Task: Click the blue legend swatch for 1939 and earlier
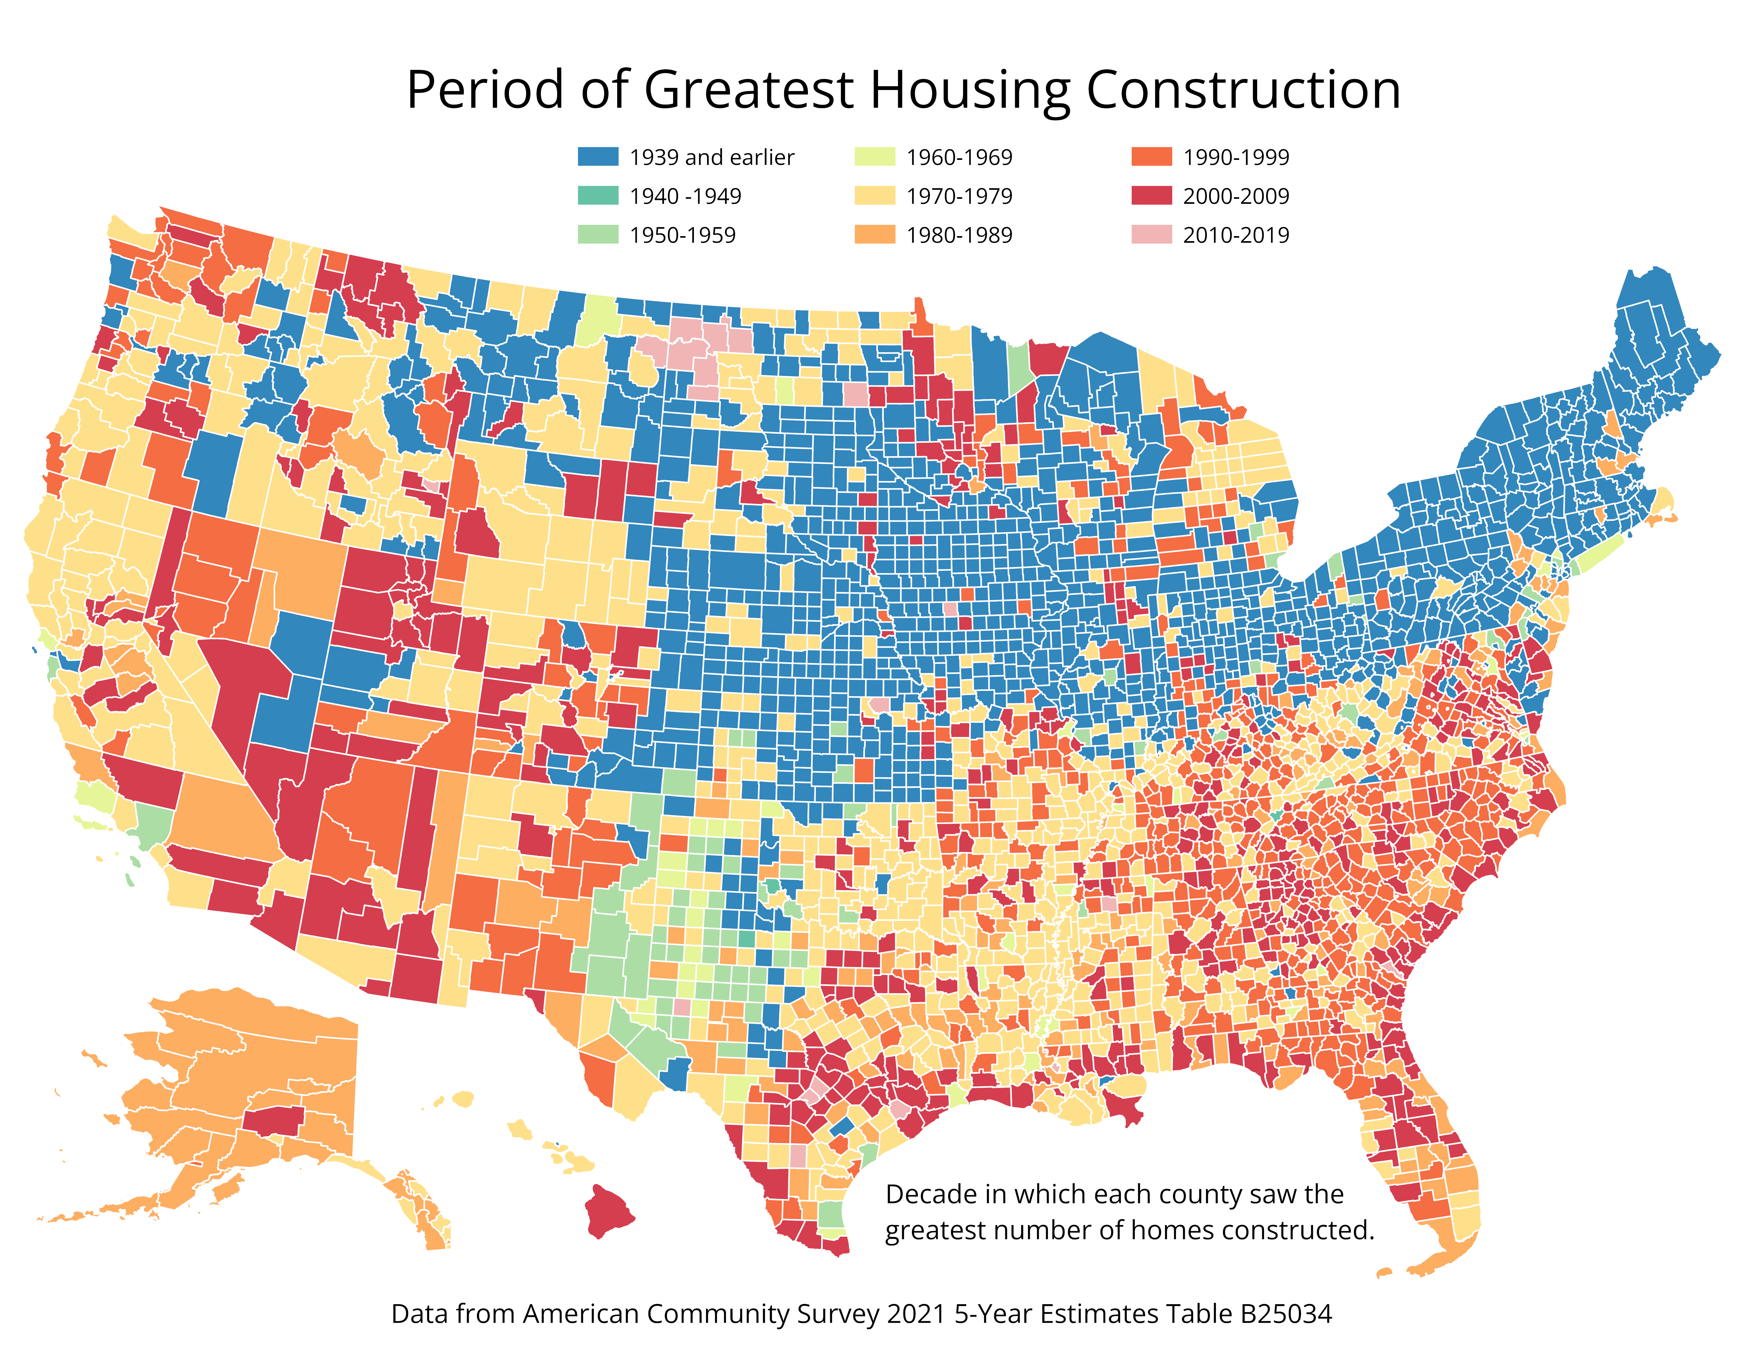pos(598,157)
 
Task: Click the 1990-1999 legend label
pos(1236,157)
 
